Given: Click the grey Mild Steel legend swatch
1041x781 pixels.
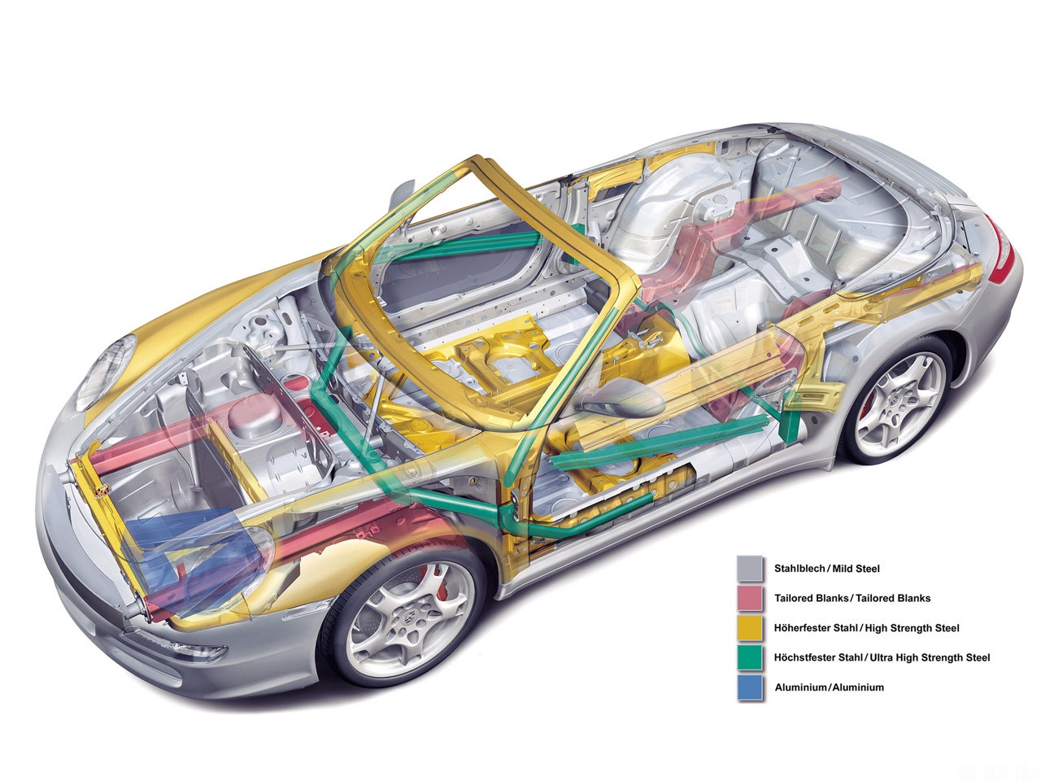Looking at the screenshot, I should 750,569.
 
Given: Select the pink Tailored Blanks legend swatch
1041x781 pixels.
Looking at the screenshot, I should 750,598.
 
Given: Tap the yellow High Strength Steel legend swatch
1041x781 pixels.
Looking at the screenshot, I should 750,628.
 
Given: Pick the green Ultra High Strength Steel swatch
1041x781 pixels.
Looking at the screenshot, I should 750,657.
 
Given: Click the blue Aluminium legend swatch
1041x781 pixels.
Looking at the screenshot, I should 750,687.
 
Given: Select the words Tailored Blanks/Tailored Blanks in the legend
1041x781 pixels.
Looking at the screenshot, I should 853,598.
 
